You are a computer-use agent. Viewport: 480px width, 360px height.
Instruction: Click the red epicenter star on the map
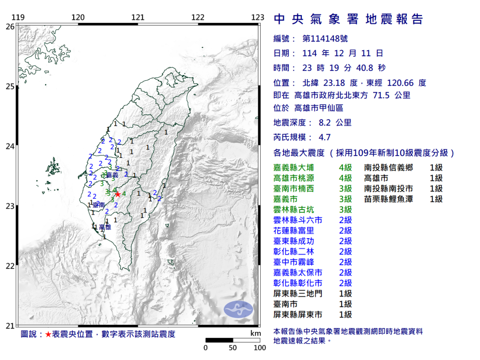[118, 194]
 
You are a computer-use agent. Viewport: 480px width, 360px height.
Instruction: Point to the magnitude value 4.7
[324, 137]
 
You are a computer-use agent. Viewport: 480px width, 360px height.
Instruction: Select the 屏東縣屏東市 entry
[298, 315]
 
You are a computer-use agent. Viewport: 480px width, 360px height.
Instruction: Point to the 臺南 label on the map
[98, 205]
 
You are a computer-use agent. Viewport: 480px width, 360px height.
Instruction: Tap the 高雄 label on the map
[105, 227]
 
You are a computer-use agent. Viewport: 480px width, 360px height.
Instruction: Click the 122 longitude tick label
[198, 18]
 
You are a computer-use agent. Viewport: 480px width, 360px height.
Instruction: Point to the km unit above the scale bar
[255, 333]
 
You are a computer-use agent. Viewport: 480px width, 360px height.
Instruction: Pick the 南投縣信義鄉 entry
[388, 167]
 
